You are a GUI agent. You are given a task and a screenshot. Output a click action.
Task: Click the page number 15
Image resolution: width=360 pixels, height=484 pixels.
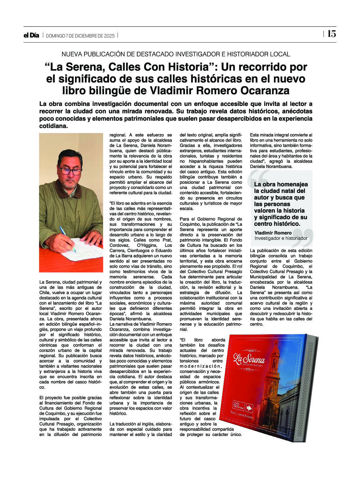click(331, 34)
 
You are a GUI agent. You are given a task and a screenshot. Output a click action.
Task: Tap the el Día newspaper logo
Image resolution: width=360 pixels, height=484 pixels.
click(31, 35)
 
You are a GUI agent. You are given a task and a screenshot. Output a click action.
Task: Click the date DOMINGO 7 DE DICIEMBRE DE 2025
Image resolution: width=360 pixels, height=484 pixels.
click(80, 36)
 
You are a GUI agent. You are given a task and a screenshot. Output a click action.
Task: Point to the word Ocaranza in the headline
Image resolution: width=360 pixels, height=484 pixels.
click(265, 91)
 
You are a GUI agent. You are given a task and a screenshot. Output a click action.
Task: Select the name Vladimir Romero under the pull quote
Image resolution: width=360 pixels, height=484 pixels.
click(273, 233)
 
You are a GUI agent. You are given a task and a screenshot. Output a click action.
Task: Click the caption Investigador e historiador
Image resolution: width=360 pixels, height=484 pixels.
click(281, 238)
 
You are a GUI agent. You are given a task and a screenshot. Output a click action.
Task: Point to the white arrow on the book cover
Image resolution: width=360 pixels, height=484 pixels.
click(249, 407)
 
